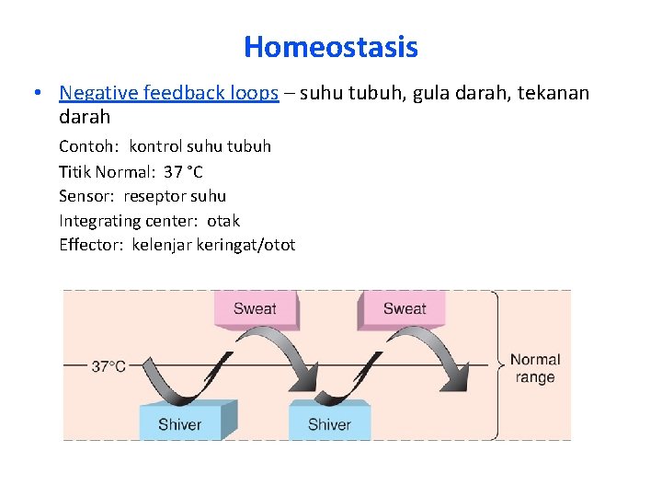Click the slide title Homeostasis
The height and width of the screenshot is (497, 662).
pyautogui.click(x=331, y=47)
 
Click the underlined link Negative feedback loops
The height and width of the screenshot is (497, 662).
pyautogui.click(x=168, y=93)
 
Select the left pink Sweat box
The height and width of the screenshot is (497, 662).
pyautogui.click(x=255, y=309)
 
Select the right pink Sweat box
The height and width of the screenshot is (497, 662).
pyautogui.click(x=405, y=309)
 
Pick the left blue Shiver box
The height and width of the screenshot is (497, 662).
pyautogui.click(x=180, y=423)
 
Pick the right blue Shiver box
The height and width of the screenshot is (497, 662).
pyautogui.click(x=329, y=423)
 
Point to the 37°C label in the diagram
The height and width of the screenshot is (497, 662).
pyautogui.click(x=108, y=366)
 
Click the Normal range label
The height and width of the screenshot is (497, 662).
pyautogui.click(x=534, y=368)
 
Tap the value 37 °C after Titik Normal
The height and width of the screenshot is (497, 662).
pyautogui.click(x=183, y=171)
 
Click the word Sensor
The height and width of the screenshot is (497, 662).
pyautogui.click(x=86, y=196)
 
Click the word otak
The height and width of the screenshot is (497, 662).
pyautogui.click(x=223, y=221)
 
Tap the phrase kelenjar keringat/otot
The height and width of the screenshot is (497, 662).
pyautogui.click(x=213, y=245)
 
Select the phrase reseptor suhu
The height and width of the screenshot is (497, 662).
pyautogui.click(x=175, y=196)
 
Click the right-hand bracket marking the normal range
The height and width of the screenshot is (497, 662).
pyautogui.click(x=496, y=364)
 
